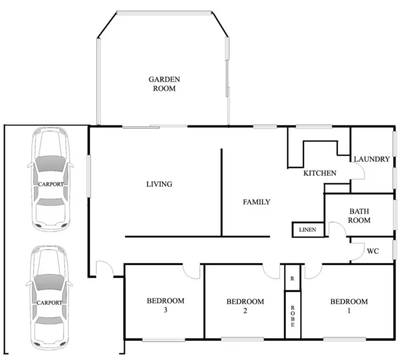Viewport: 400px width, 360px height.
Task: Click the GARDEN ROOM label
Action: click(164, 83)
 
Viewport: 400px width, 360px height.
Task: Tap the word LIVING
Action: click(159, 185)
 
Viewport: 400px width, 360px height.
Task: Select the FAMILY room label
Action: click(256, 202)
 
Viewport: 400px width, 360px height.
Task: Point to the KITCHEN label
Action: click(320, 173)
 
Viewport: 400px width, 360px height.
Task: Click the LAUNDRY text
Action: click(371, 159)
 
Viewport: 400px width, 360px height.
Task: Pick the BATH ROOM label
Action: click(359, 216)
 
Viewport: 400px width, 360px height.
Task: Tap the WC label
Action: click(373, 251)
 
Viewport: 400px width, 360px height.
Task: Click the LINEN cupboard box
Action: click(308, 230)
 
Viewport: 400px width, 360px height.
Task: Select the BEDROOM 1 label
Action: click(349, 306)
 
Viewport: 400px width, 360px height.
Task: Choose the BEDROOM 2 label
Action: click(245, 306)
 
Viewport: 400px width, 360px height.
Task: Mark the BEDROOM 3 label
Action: click(165, 305)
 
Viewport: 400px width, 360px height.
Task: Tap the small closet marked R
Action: click(292, 278)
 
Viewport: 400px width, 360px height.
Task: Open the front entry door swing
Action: click(103, 269)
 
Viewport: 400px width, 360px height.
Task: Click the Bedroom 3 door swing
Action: click(192, 271)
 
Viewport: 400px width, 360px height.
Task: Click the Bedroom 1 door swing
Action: click(313, 271)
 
